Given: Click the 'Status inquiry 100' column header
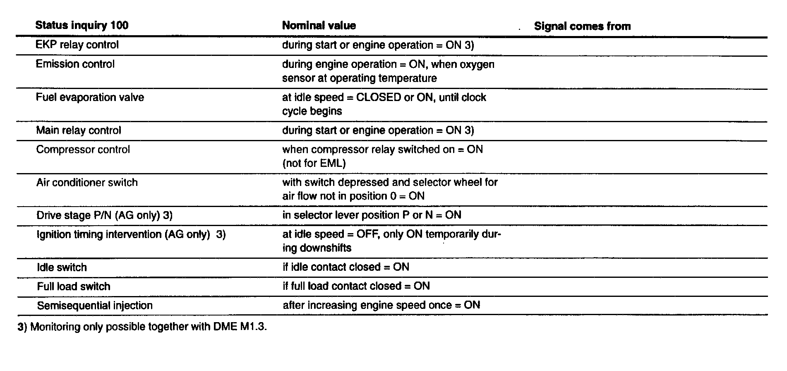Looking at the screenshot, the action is (x=82, y=25).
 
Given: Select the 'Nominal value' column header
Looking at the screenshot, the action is (x=319, y=26).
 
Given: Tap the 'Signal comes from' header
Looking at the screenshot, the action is (x=582, y=26).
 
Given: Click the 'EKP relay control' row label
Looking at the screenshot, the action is (x=77, y=45).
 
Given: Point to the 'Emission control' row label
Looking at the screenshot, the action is (x=75, y=64).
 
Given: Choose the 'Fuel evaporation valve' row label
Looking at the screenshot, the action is (x=90, y=97).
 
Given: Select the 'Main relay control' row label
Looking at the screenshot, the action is (x=79, y=130).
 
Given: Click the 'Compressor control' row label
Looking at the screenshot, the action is (x=83, y=149).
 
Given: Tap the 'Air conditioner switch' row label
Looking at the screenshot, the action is (x=87, y=183).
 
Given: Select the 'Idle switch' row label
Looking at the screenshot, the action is (x=62, y=267).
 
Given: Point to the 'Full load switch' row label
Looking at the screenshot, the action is (x=73, y=287).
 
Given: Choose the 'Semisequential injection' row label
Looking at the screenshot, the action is (x=95, y=306).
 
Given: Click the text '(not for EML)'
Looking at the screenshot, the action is (x=314, y=163).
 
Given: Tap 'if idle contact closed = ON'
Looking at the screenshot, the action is (x=346, y=267).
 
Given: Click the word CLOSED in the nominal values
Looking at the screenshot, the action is (x=379, y=97).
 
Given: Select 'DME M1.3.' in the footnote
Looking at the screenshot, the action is (x=240, y=327).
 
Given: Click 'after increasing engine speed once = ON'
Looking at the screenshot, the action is (x=381, y=305).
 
